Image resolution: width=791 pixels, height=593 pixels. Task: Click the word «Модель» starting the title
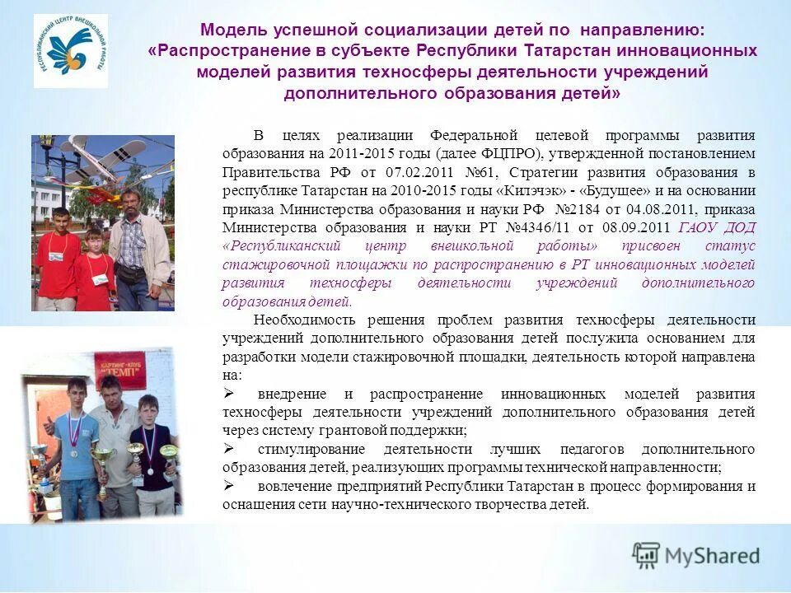tap(233, 30)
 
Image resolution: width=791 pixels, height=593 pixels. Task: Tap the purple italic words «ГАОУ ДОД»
tap(717, 227)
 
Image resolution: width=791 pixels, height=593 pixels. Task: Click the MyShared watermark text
tap(712, 556)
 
